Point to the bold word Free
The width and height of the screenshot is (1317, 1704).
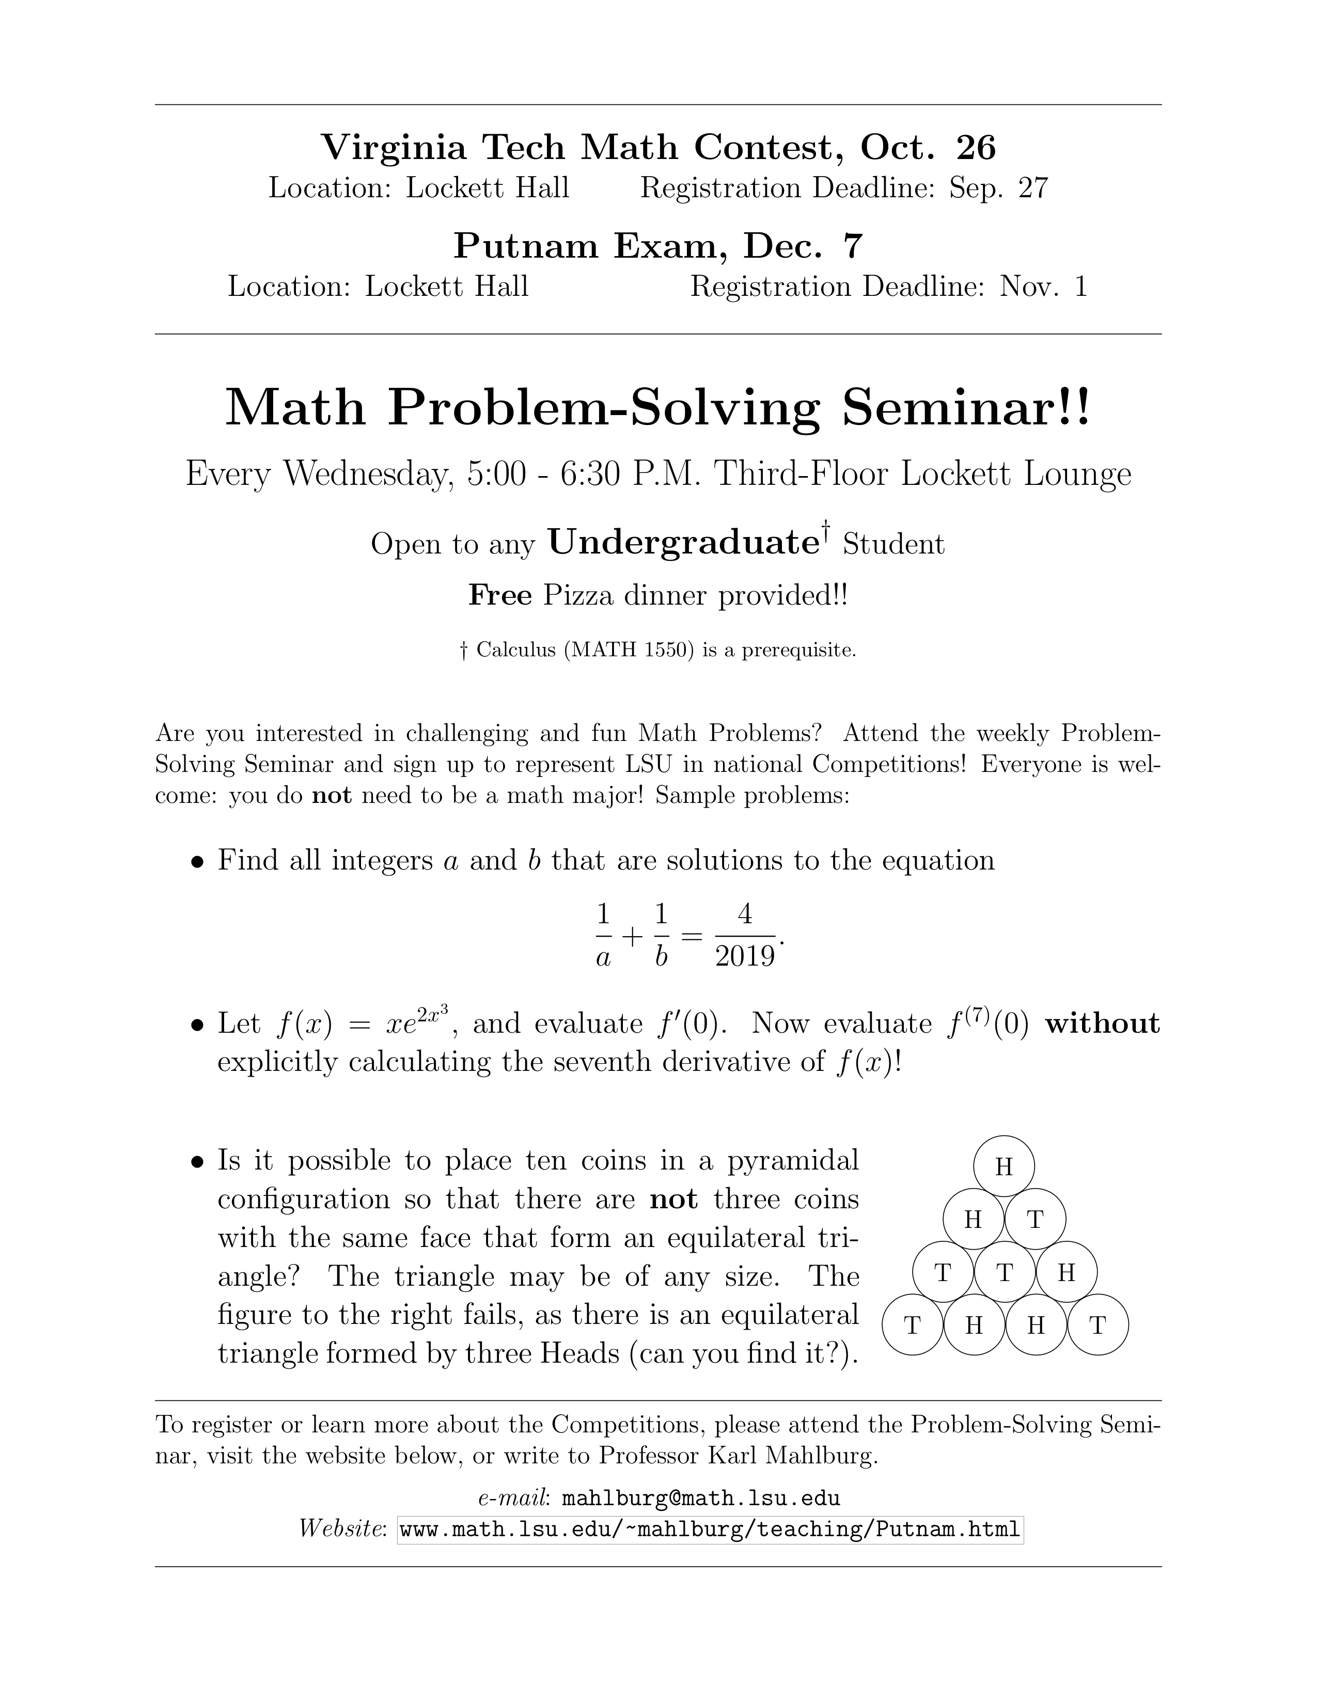(500, 596)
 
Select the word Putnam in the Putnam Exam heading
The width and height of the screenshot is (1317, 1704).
(527, 246)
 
